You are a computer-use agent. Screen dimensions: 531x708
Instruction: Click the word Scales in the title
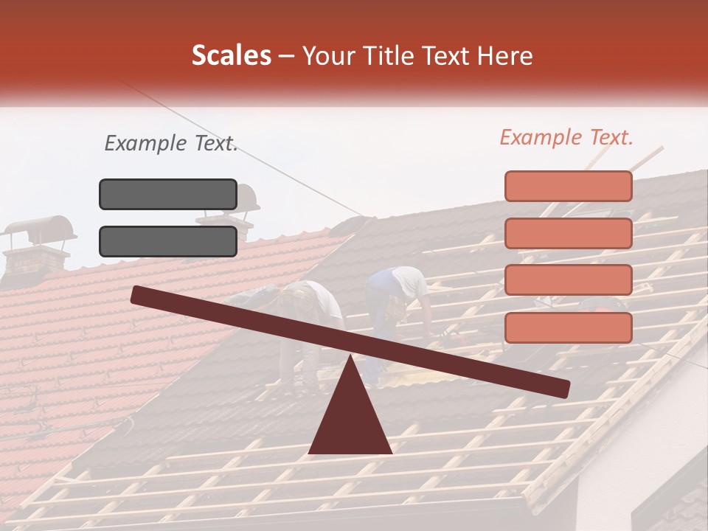pyautogui.click(x=231, y=56)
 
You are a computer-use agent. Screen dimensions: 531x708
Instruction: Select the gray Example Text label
pyautogui.click(x=171, y=143)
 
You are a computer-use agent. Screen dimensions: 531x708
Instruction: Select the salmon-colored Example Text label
pyautogui.click(x=566, y=137)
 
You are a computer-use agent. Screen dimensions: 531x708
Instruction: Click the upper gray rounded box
pyautogui.click(x=168, y=194)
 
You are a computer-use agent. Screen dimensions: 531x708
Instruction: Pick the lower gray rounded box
pyautogui.click(x=168, y=241)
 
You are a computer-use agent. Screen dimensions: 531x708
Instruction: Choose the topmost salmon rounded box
pyautogui.click(x=568, y=186)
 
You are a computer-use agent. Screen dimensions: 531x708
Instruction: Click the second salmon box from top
pyautogui.click(x=568, y=233)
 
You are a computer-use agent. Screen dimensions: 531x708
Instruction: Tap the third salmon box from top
pyautogui.click(x=568, y=280)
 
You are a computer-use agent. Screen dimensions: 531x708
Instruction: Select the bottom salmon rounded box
pyautogui.click(x=568, y=327)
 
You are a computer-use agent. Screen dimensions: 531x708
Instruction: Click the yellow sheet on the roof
pyautogui.click(x=413, y=378)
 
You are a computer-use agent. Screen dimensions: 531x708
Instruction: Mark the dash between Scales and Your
pyautogui.click(x=287, y=56)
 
